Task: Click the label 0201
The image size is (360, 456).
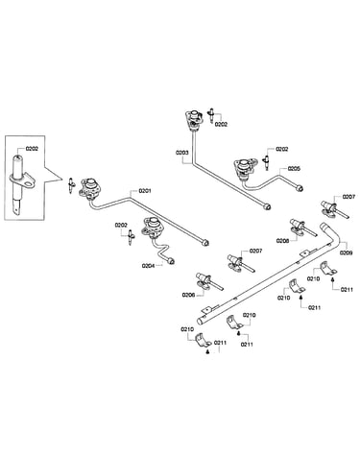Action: click(145, 191)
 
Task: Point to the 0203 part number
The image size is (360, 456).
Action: click(182, 153)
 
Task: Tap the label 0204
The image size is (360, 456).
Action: click(148, 266)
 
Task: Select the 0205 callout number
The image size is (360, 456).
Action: click(294, 168)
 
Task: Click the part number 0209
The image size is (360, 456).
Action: click(347, 252)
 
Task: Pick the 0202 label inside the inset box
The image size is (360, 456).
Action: click(32, 149)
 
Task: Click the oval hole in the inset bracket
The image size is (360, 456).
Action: click(30, 184)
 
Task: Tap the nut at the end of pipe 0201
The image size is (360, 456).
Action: click(205, 243)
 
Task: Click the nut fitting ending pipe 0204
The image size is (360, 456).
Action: click(171, 261)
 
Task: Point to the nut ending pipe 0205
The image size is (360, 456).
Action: click(300, 188)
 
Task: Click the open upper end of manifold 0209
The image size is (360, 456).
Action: click(324, 226)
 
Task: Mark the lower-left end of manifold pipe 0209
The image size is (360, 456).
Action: click(201, 321)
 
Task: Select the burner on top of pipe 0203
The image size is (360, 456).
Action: click(193, 119)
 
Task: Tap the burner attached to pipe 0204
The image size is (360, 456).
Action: click(153, 227)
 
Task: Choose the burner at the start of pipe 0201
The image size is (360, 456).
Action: click(88, 188)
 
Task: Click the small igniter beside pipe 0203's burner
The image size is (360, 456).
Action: click(211, 115)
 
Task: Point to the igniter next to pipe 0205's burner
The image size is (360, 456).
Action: click(266, 162)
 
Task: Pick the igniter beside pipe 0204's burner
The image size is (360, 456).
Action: click(131, 237)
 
